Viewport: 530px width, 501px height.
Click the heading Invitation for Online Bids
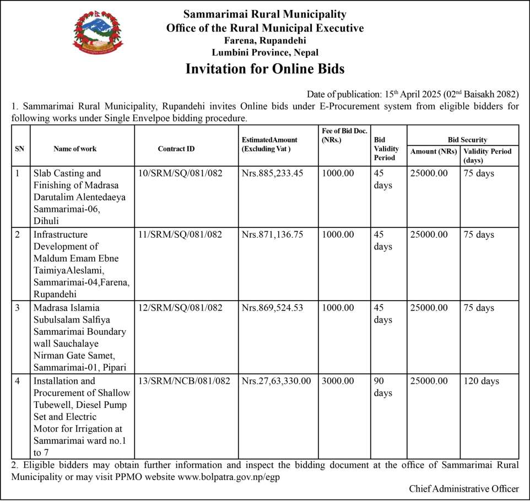pos(265,69)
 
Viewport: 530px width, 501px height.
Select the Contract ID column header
pos(176,149)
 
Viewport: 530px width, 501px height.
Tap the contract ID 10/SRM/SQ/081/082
pos(180,173)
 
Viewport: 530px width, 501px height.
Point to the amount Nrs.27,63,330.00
pos(276,381)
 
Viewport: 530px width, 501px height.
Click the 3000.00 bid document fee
pos(338,381)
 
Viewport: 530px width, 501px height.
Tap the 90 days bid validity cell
pos(383,387)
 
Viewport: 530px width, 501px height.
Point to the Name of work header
pos(75,149)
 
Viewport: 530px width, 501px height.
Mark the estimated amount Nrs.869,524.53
pos(272,308)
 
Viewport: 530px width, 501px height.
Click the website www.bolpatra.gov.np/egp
pos(229,477)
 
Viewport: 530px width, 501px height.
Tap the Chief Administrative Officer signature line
pos(463,488)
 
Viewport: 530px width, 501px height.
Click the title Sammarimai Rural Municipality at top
pos(265,14)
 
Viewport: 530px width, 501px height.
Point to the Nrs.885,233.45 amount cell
pos(272,173)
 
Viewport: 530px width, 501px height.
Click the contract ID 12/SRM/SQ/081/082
pos(180,308)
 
